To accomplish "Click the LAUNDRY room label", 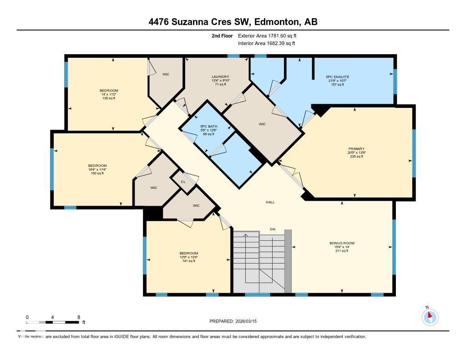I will point(220,76).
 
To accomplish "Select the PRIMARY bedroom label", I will point(357,148).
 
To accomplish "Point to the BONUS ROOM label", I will point(342,243).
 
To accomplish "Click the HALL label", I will point(270,202).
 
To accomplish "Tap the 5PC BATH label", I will point(209,126).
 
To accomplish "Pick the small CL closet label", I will point(183,181).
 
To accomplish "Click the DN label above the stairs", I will point(273,229).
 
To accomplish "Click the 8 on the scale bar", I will point(79,317).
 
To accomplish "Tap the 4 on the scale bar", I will point(53,317).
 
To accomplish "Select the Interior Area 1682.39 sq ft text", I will point(267,43).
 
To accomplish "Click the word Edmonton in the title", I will point(275,22).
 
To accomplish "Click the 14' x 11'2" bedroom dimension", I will point(109,94).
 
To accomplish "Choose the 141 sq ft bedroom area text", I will point(188,261).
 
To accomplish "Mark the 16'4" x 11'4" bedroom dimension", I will point(97,169).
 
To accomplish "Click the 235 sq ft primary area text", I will point(357,156).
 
